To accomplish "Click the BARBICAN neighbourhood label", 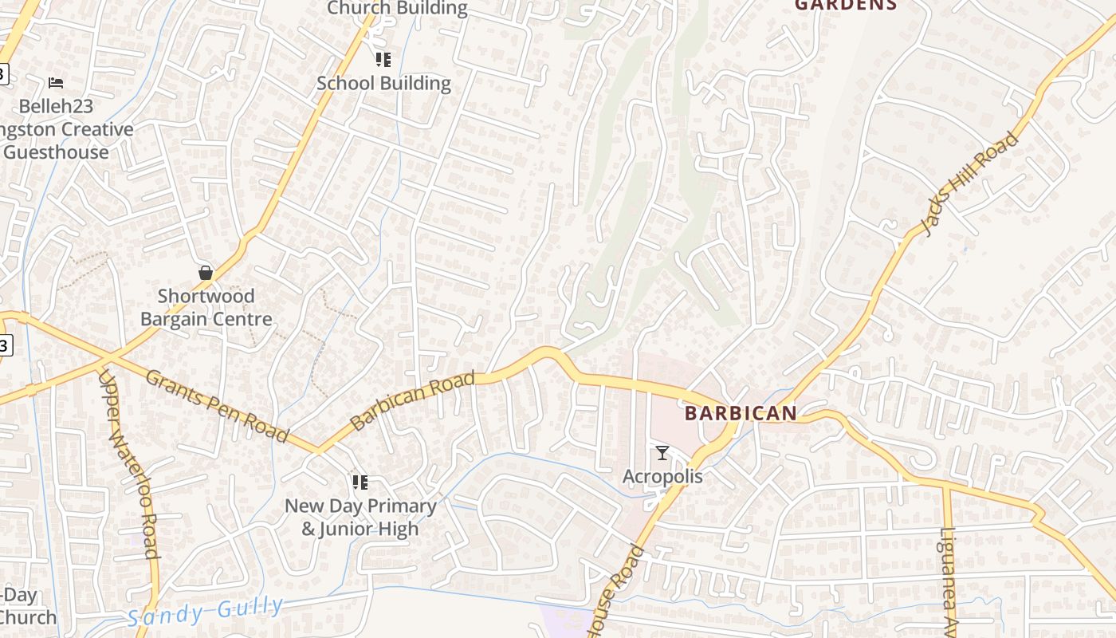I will pos(741,413).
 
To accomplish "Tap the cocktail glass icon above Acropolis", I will pos(662,453).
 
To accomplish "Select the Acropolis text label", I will pos(662,476).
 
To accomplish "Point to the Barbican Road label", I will pos(412,400).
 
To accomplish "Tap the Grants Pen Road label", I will pos(216,405).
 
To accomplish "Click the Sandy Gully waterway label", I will pos(205,610).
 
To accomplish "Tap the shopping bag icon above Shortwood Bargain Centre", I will pos(206,273).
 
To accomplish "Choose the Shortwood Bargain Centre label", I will pos(206,308).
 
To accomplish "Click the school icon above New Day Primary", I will pos(360,482).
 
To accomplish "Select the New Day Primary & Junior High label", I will pos(360,517).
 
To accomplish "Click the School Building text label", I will pos(383,83).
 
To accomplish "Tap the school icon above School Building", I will pos(383,60).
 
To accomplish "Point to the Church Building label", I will pos(397,8).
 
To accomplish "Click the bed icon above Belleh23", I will pos(56,83).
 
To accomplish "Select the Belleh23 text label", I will pos(56,106).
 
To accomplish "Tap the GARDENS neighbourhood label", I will pos(846,5).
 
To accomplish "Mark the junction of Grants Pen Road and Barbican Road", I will pos(319,450).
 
